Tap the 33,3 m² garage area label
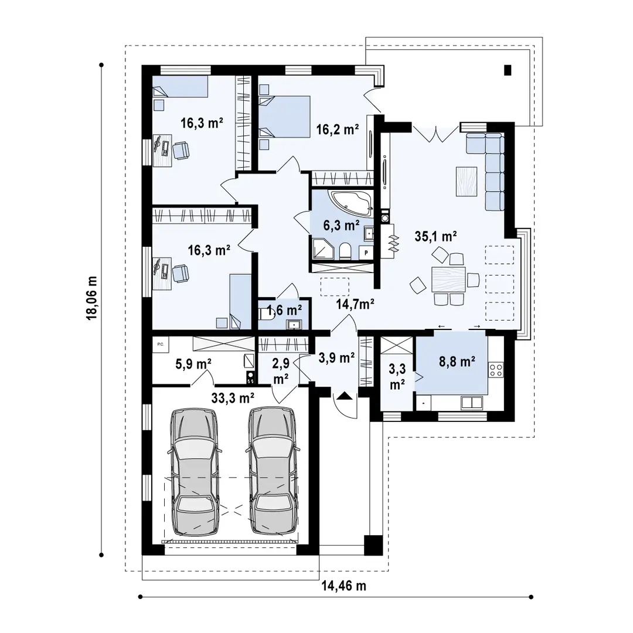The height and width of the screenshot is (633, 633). click(x=232, y=397)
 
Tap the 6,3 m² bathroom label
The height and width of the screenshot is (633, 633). click(x=342, y=224)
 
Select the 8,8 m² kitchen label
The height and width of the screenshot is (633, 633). click(x=457, y=362)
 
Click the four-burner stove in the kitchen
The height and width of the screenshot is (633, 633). click(x=496, y=369)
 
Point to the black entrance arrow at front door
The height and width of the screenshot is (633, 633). click(x=344, y=396)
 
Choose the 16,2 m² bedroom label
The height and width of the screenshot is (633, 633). click(x=337, y=129)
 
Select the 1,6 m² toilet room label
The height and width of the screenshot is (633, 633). click(x=284, y=309)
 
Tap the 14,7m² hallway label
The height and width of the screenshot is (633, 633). click(x=355, y=303)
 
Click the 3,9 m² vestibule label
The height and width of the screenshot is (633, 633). click(x=336, y=357)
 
